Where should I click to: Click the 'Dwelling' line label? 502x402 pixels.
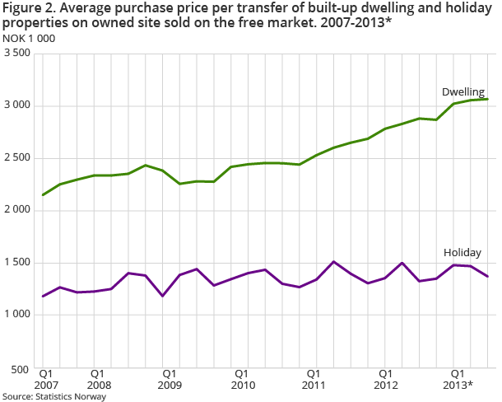(463, 91)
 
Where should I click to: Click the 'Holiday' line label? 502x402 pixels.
(462, 252)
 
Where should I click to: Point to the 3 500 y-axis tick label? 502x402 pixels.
(16, 54)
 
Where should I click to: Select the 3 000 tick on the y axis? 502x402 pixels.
(16, 105)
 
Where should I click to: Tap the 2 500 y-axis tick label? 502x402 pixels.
(16, 158)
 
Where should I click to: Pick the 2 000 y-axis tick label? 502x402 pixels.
(16, 210)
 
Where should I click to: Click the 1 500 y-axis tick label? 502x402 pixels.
(16, 263)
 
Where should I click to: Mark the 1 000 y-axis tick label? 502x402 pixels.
(16, 315)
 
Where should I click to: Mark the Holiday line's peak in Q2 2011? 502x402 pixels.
(334, 262)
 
